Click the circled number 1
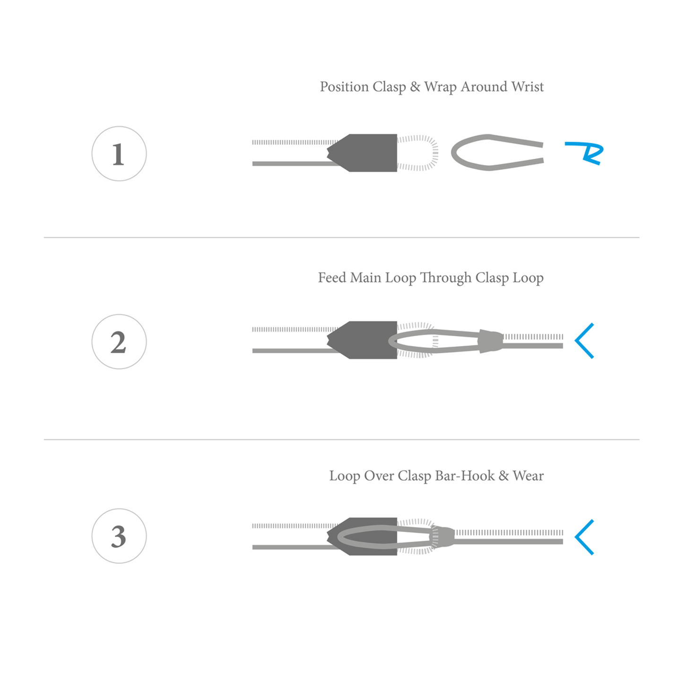(x=119, y=154)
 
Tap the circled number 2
(x=119, y=341)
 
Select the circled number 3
(x=119, y=536)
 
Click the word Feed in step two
(x=332, y=277)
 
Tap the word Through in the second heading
(x=446, y=278)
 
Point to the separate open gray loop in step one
(x=453, y=153)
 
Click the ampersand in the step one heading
(x=415, y=87)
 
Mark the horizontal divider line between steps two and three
(x=341, y=440)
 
